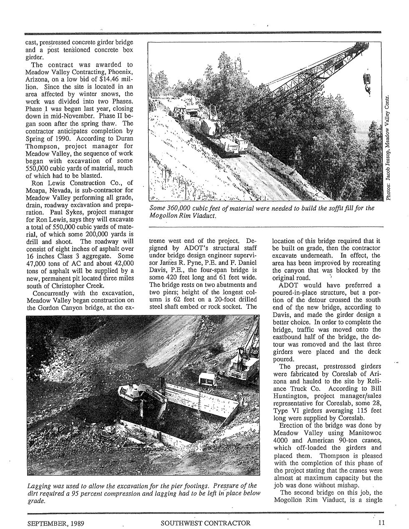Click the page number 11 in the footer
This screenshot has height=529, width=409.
pos(382,522)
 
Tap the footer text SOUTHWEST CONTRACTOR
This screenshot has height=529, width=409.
pos(205,523)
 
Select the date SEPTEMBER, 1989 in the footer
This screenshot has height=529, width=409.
pos(52,523)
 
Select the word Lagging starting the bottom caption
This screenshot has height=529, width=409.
pos(38,486)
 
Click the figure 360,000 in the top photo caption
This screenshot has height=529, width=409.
pos(187,208)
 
